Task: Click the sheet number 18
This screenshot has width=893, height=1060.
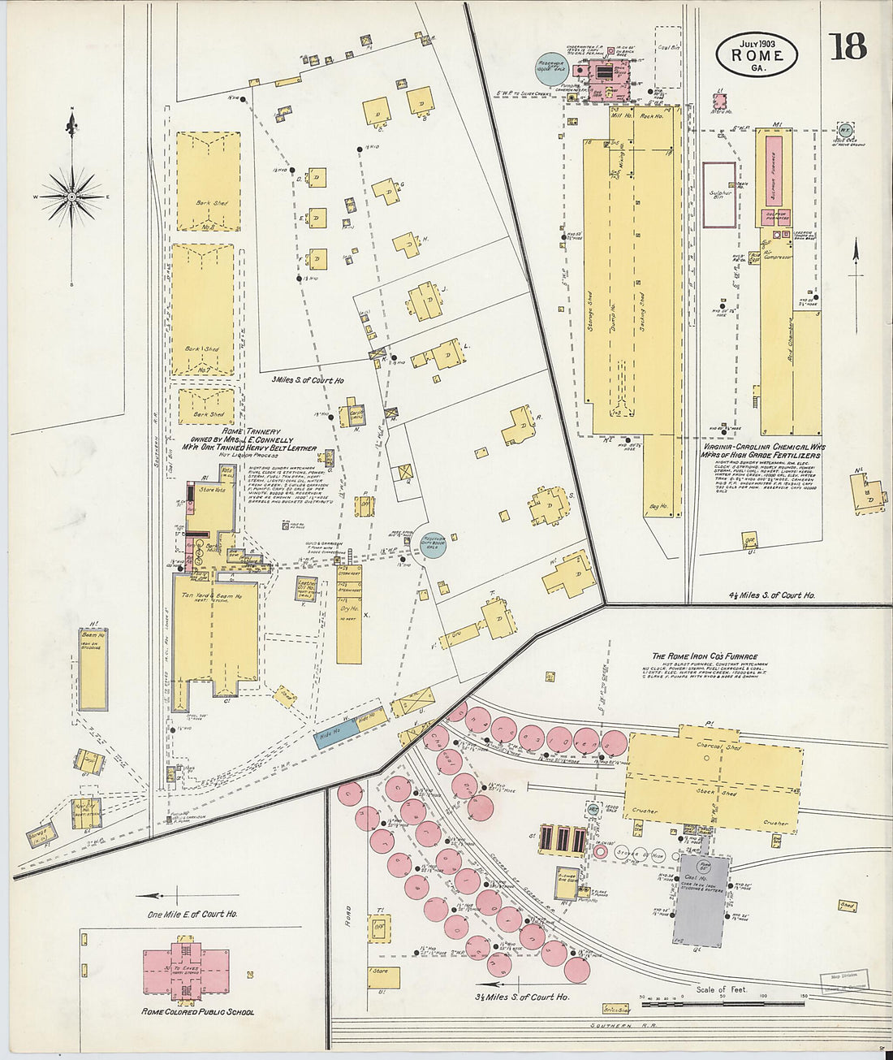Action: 848,47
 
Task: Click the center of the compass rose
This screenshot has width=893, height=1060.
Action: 72,197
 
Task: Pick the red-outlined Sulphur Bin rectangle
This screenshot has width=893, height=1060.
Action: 719,195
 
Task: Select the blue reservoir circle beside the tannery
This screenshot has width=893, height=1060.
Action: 433,545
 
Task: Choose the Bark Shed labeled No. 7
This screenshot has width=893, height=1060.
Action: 202,309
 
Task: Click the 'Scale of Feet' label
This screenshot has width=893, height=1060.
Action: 721,989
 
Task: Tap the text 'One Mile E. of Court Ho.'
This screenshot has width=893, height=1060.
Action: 192,914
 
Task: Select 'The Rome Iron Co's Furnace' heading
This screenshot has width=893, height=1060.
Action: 705,656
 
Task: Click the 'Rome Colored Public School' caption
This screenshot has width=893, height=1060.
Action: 197,1012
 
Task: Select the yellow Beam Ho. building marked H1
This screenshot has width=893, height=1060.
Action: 93,668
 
